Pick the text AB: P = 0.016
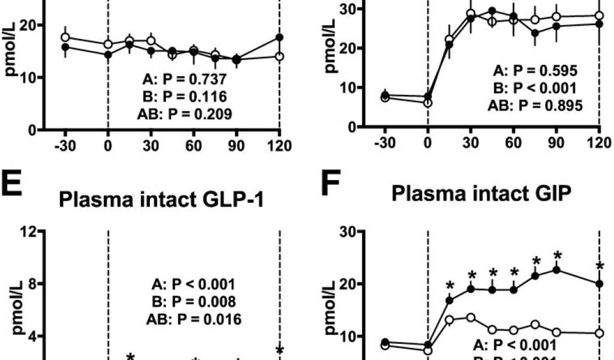pos(194,319)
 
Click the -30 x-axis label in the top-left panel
pos(63,146)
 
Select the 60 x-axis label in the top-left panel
pos(194,146)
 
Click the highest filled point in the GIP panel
pos(556,269)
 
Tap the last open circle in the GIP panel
pos(599,333)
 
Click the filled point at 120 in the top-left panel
pos(279,37)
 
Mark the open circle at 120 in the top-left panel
pos(279,56)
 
